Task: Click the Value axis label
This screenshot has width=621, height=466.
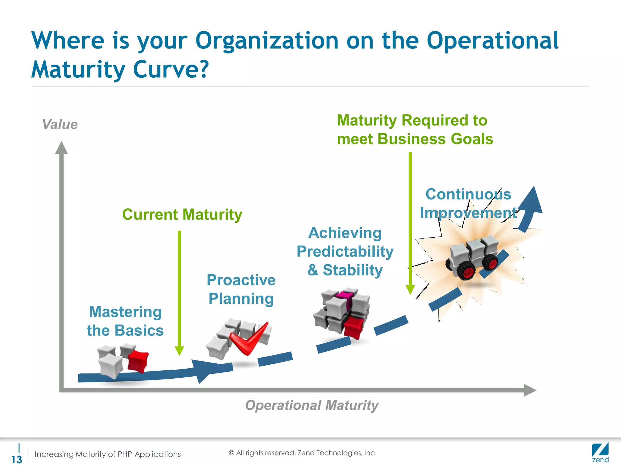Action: (x=60, y=124)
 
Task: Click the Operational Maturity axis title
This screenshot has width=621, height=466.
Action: (x=312, y=405)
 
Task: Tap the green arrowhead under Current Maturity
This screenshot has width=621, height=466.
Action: (x=180, y=351)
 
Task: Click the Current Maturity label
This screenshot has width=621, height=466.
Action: (x=182, y=214)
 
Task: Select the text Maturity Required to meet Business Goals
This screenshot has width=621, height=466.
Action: (x=415, y=130)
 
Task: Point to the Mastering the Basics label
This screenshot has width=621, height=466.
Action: (x=125, y=321)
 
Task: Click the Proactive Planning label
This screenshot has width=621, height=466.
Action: (x=241, y=289)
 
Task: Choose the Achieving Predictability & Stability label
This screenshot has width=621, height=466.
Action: (x=345, y=252)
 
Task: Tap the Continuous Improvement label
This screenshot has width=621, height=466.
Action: (x=468, y=203)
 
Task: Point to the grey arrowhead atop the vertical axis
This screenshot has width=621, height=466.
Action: (x=62, y=148)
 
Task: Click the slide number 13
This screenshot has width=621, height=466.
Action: (x=17, y=459)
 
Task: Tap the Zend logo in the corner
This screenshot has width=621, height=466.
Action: (x=600, y=453)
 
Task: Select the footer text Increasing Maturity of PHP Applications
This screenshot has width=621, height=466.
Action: (x=108, y=454)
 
